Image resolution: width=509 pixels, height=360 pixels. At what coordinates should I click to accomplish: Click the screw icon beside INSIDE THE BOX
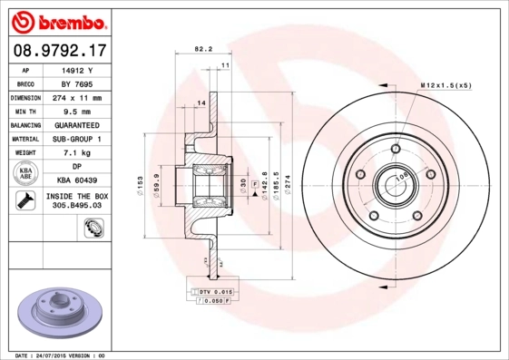(x=22, y=201)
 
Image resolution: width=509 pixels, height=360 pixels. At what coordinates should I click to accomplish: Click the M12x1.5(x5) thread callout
(x=446, y=84)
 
